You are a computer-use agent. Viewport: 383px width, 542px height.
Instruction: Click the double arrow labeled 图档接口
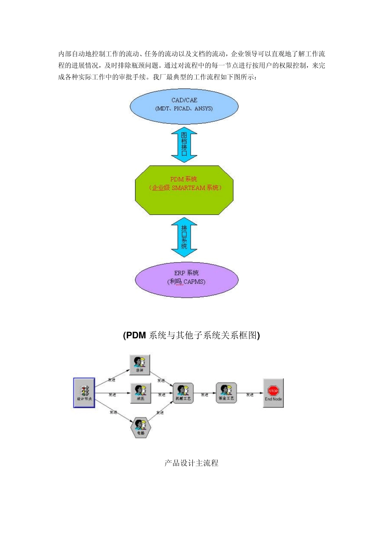(184, 144)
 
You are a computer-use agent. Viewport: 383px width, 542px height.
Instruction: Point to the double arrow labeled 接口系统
(184, 237)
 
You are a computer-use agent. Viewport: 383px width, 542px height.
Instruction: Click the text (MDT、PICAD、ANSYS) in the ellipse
(184, 108)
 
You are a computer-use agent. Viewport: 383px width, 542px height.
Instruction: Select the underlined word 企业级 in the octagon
(160, 188)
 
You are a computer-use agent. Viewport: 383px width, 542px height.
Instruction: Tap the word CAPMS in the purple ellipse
(194, 282)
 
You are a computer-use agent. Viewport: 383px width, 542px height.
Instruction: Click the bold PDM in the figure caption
(136, 336)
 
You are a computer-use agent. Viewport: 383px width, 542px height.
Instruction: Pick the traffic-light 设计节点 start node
(84, 393)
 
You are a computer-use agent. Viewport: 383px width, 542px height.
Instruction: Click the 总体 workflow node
(140, 365)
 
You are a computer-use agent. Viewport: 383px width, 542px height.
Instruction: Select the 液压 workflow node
(140, 393)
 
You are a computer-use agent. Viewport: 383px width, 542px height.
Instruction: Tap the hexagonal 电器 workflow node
(140, 427)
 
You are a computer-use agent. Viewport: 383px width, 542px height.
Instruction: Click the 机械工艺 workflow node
(183, 393)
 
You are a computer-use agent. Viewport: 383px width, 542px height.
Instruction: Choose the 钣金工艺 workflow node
(226, 393)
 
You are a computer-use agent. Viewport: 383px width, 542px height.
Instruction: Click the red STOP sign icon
(273, 390)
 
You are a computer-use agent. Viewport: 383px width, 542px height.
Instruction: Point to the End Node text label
(273, 399)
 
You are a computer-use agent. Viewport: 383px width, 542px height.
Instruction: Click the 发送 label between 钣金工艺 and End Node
(250, 395)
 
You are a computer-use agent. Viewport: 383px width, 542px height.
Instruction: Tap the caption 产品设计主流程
(191, 463)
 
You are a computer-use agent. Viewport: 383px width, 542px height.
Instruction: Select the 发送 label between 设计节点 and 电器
(113, 412)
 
